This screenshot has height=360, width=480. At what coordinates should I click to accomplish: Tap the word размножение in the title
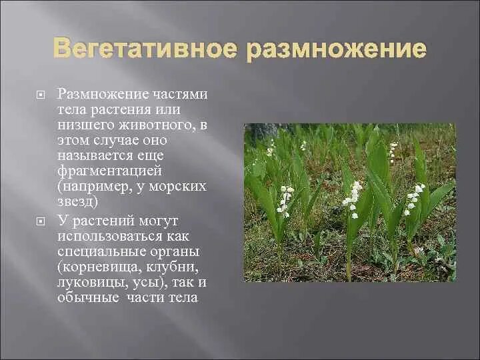coord(336,49)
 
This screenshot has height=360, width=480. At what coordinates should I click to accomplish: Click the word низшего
coord(85,125)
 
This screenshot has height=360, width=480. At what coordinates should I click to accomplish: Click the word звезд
coord(77,201)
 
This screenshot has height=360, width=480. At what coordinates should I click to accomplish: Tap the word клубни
coord(175,267)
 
